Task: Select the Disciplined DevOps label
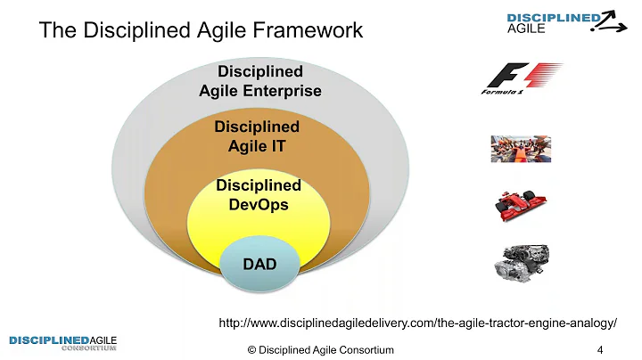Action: tap(259, 194)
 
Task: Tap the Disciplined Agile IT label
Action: tap(257, 136)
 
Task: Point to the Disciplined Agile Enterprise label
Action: tap(259, 80)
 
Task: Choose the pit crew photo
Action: tap(521, 148)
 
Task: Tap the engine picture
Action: tap(521, 259)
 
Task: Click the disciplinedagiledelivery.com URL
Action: tap(418, 322)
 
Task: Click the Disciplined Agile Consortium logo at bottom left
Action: tap(62, 342)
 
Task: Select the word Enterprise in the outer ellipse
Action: tap(282, 90)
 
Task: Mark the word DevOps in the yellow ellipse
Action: tap(259, 204)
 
